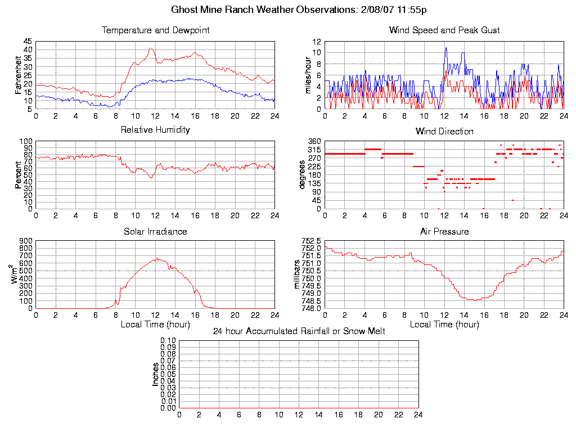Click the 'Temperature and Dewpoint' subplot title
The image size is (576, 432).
click(x=155, y=30)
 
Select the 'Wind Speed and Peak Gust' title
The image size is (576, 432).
click(x=444, y=30)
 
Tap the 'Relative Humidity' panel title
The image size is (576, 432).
click(x=155, y=130)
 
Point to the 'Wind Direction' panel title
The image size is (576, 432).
click(x=444, y=132)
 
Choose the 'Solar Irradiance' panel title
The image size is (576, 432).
click(x=155, y=231)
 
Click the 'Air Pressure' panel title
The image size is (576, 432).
click(x=444, y=231)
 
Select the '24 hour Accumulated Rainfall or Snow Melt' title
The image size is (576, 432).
click(x=299, y=331)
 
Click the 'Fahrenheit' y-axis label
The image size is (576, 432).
click(x=18, y=75)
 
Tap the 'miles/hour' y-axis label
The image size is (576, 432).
click(x=308, y=75)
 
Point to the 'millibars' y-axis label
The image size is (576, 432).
click(x=299, y=274)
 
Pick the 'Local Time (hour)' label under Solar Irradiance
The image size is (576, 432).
click(x=155, y=325)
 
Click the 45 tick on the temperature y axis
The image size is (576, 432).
click(x=28, y=42)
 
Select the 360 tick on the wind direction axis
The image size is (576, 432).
click(x=314, y=141)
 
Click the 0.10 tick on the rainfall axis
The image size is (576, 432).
click(x=168, y=340)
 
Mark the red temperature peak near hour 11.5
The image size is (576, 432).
click(x=150, y=48)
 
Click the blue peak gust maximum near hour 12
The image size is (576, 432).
click(x=446, y=47)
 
